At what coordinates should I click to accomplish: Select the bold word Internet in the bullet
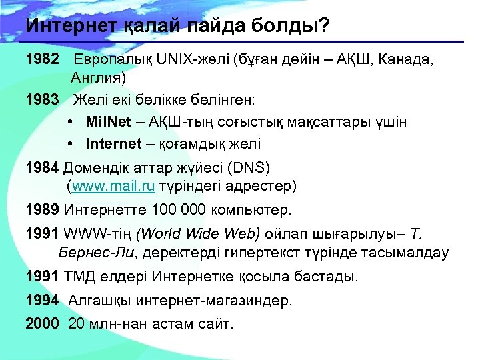coord(113,143)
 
